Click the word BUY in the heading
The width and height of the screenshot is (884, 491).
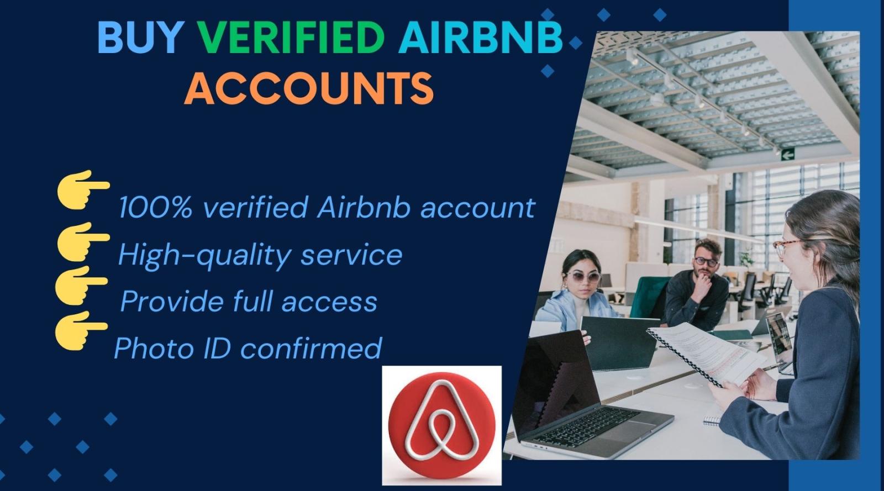140,38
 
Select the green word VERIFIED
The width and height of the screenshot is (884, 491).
291,38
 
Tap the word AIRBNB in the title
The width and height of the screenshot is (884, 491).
481,38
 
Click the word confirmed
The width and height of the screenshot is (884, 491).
312,348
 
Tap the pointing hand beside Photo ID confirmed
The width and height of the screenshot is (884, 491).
81,330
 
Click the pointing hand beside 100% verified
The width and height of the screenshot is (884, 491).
83,189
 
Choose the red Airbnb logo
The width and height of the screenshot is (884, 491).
441,425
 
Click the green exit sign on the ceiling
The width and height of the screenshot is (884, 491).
787,155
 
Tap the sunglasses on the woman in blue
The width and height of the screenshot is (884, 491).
583,277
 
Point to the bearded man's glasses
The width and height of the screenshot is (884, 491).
706,261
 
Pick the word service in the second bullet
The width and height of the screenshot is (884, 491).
351,255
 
